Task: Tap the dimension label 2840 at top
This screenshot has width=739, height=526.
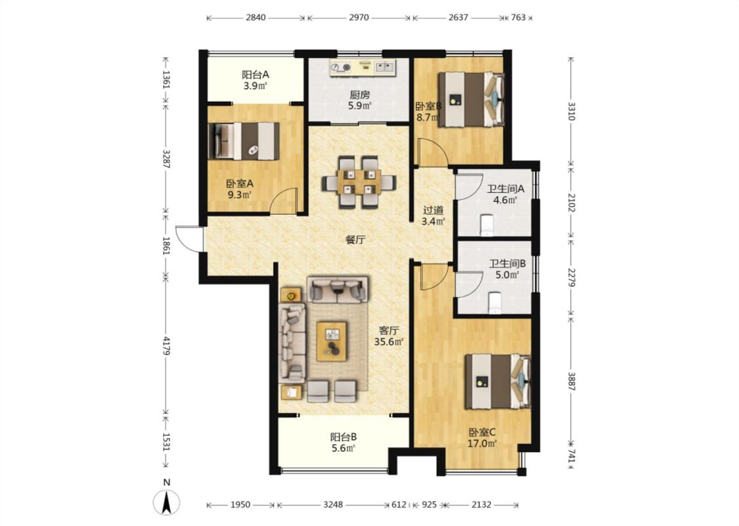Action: pos(256,18)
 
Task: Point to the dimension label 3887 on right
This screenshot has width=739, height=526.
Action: pos(571,381)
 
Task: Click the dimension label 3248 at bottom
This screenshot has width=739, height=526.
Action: pos(333,505)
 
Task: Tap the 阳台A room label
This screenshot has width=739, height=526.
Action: pos(255,74)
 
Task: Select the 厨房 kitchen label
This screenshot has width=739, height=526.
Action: pos(359,95)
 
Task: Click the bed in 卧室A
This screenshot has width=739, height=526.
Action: pos(244,141)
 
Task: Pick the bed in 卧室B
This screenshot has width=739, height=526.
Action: pos(471,99)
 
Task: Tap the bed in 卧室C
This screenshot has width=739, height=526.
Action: pos(498,381)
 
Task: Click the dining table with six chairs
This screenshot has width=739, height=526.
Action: pos(359,181)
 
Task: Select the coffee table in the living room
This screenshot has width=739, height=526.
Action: pos(332,341)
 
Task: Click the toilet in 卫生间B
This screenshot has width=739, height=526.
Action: pos(494,302)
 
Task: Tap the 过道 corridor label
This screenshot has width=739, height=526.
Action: pos(433,210)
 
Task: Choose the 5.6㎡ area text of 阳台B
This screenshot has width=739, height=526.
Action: pos(344,448)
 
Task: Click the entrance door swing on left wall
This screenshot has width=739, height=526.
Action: pos(188,239)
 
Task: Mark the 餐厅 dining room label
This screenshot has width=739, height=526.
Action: pos(355,239)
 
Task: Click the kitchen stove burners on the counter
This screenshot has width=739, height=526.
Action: pos(341,68)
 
